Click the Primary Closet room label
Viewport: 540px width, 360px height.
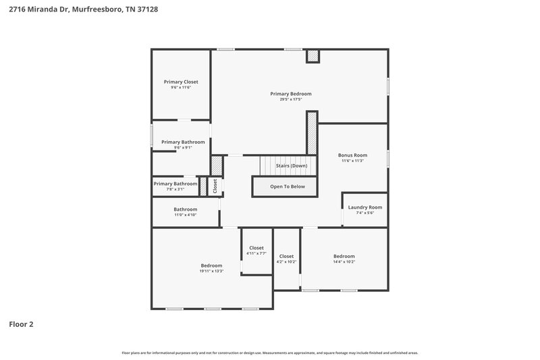[x=181, y=82]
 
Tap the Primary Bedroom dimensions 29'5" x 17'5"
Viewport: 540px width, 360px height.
[x=291, y=99]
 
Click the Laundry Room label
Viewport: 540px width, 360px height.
[x=365, y=207]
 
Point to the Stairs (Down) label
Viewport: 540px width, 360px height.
[x=292, y=165]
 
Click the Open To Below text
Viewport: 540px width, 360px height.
[x=288, y=186]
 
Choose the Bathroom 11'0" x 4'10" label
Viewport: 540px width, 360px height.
[x=186, y=209]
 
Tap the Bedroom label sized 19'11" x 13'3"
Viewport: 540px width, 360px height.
[x=211, y=265]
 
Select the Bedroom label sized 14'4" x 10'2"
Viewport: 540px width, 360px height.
[x=344, y=256]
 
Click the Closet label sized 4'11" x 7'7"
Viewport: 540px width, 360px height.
[x=256, y=248]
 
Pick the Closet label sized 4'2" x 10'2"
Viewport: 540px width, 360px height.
[x=286, y=256]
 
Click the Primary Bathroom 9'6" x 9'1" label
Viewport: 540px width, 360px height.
[x=182, y=142]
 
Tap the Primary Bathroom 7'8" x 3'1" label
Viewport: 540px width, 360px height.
[x=175, y=184]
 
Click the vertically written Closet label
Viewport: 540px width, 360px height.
[x=215, y=186]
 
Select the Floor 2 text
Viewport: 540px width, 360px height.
[x=21, y=324]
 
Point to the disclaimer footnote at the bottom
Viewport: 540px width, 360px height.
[x=270, y=353]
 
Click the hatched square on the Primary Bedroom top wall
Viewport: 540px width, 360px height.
[x=313, y=57]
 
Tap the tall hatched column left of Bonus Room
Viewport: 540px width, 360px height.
[x=312, y=132]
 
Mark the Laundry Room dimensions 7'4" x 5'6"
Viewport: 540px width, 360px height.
[x=365, y=213]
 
